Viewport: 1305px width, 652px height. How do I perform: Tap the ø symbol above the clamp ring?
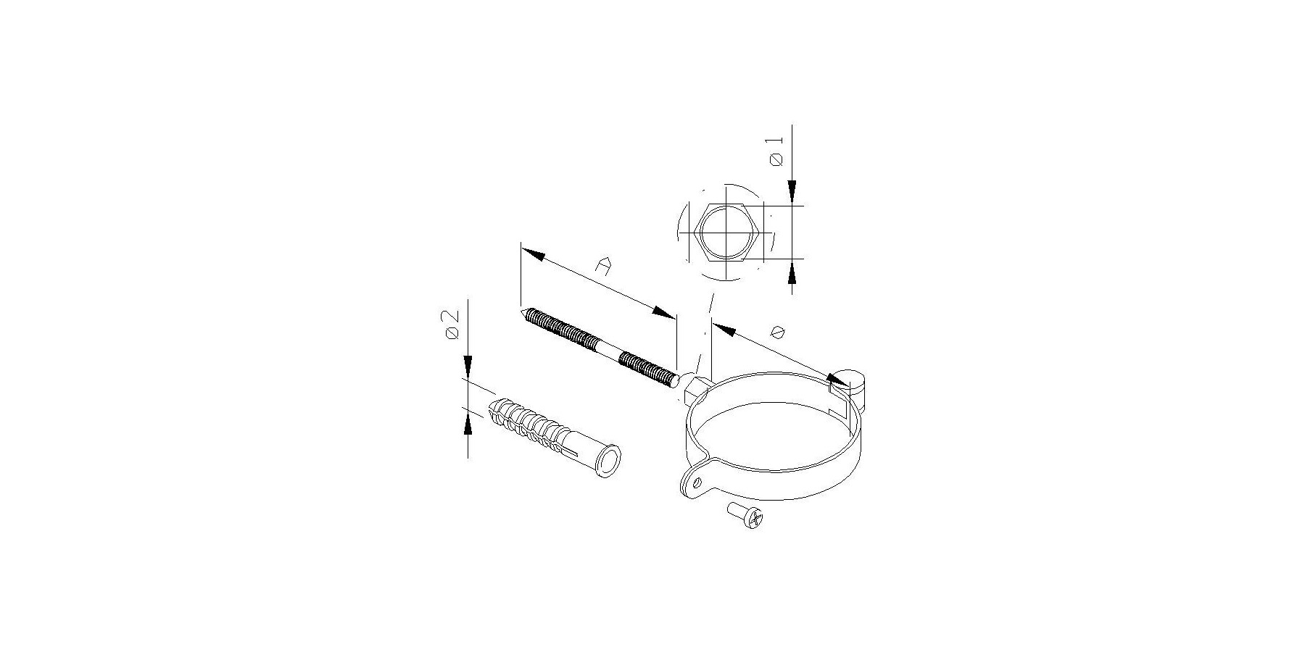pyautogui.click(x=779, y=331)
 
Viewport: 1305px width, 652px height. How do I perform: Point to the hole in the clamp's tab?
pyautogui.click(x=696, y=482)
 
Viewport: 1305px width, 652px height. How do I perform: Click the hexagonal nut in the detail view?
pyautogui.click(x=727, y=233)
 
